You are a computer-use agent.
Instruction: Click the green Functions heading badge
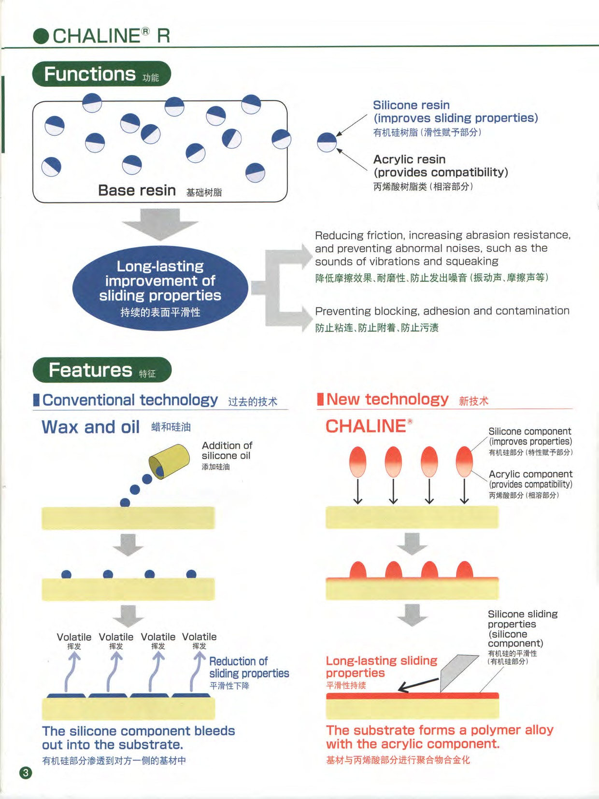[x=101, y=74]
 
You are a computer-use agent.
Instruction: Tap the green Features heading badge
[x=102, y=370]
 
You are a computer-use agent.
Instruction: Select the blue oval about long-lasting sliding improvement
[x=160, y=288]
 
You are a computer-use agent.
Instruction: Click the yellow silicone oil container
[x=169, y=460]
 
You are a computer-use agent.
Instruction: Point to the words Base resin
[x=137, y=190]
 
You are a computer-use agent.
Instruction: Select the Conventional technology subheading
[x=130, y=400]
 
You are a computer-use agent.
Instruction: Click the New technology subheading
[x=387, y=399]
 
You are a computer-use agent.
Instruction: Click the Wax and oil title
[x=91, y=427]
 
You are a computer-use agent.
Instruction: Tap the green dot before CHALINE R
[x=41, y=36]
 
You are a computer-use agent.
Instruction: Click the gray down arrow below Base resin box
[x=160, y=224]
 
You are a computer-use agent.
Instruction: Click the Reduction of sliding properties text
[x=249, y=667]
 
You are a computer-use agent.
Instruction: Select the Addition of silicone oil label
[x=227, y=451]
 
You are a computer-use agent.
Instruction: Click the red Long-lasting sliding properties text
[x=382, y=667]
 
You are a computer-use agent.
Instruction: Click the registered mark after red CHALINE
[x=410, y=421]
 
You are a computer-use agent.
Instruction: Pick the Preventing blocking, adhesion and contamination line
[x=442, y=311]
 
